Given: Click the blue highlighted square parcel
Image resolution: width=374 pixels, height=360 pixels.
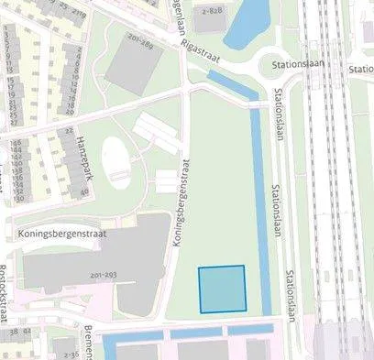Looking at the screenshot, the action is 223,289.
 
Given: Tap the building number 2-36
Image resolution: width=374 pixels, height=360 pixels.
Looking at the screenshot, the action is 62,345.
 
